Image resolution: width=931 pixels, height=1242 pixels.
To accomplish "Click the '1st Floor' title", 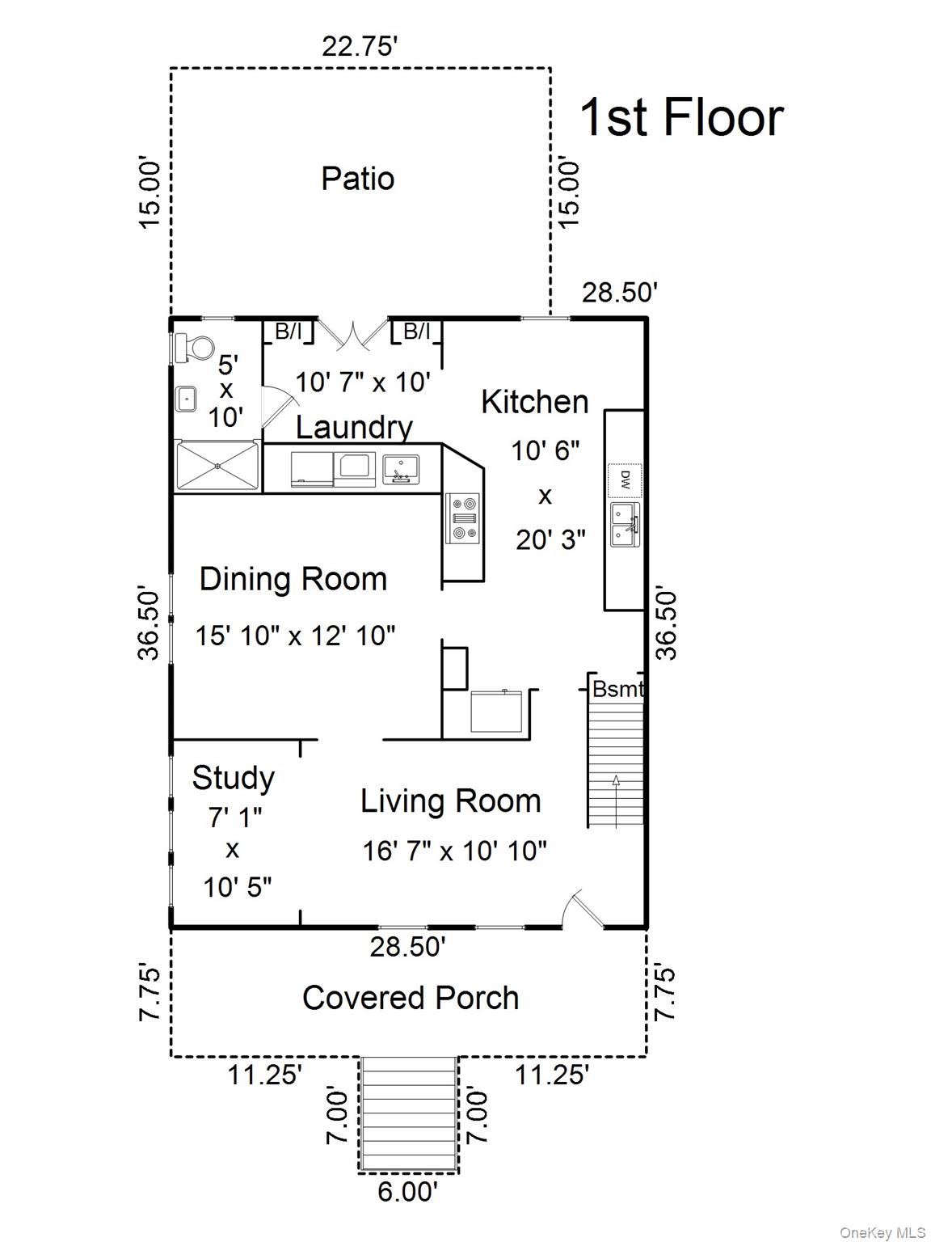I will pyautogui.click(x=681, y=117).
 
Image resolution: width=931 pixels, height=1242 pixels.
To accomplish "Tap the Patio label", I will pyautogui.click(x=357, y=179).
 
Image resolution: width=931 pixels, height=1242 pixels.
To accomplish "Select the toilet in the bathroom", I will pyautogui.click(x=193, y=349).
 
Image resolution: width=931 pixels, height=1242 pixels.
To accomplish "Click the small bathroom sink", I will pyautogui.click(x=187, y=399).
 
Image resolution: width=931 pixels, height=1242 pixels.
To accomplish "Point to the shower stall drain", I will pyautogui.click(x=217, y=465).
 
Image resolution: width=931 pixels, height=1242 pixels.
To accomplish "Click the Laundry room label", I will pyautogui.click(x=354, y=427).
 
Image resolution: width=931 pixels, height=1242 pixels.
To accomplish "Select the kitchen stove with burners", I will pyautogui.click(x=464, y=517).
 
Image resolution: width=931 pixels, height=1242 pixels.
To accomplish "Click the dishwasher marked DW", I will pyautogui.click(x=625, y=479).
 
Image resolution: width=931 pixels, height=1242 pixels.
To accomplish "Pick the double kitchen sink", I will pyautogui.click(x=624, y=524).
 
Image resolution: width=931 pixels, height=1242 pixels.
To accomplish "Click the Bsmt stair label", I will pyautogui.click(x=617, y=689).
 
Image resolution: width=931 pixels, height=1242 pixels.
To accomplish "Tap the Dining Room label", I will pyautogui.click(x=293, y=579).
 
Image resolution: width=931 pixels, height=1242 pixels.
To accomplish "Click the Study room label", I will pyautogui.click(x=233, y=778).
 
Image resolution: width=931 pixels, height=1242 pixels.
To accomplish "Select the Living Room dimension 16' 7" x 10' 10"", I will pyautogui.click(x=454, y=851).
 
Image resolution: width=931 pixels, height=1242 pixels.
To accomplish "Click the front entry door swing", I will pyautogui.click(x=583, y=910).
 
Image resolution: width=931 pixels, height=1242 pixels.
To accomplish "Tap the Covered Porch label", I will pyautogui.click(x=410, y=998).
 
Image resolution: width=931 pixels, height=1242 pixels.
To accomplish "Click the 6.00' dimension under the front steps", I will pyautogui.click(x=408, y=1192).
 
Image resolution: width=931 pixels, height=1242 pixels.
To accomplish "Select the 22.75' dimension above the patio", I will pyautogui.click(x=360, y=46).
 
